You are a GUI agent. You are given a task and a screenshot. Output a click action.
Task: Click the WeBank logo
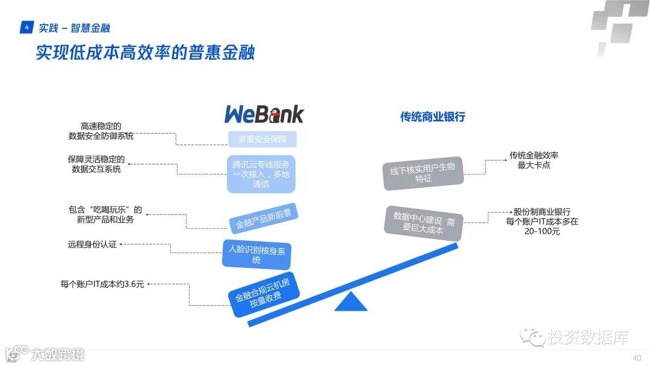264,114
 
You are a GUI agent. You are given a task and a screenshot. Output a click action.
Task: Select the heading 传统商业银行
432,117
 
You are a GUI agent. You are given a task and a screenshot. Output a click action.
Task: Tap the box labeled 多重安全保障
262,140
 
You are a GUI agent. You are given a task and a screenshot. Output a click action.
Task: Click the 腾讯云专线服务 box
261,174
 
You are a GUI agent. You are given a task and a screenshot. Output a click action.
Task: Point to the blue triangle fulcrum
351,303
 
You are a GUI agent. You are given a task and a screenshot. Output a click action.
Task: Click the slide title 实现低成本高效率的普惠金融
145,52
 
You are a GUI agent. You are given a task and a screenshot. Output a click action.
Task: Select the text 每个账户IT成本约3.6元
102,284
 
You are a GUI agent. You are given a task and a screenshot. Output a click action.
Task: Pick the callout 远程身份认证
92,245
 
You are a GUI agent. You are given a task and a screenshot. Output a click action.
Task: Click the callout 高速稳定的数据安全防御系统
101,131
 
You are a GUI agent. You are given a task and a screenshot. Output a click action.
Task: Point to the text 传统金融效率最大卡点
534,160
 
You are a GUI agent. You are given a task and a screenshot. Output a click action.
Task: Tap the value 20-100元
542,231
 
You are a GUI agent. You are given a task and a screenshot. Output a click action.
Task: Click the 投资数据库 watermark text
587,338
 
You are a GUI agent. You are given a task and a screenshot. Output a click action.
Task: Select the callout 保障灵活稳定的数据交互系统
96,164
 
